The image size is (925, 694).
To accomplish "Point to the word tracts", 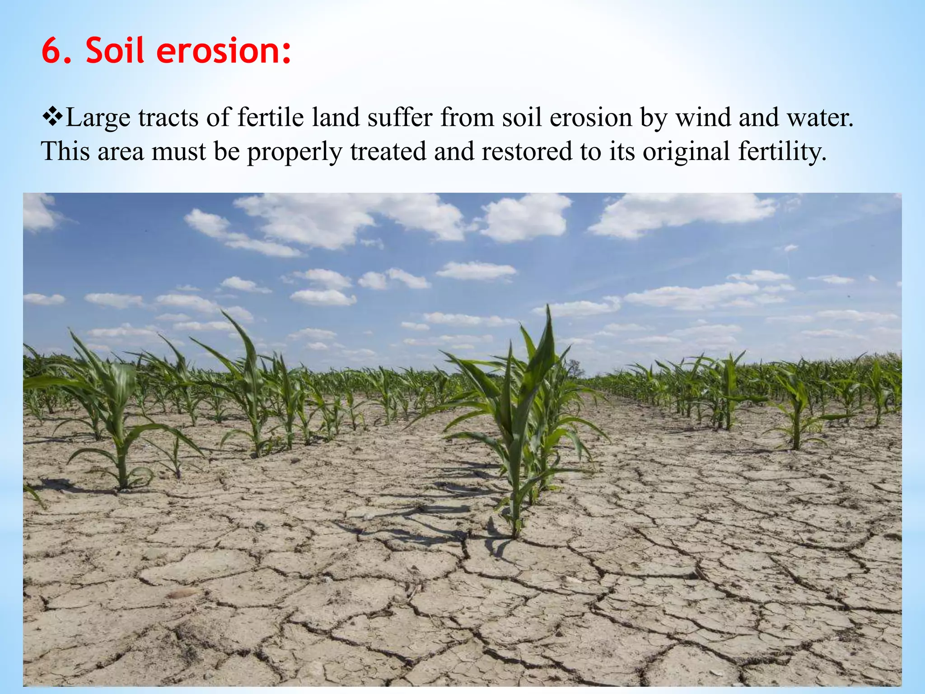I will (168, 117).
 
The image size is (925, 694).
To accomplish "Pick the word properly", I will (294, 152).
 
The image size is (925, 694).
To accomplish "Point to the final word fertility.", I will (782, 152).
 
